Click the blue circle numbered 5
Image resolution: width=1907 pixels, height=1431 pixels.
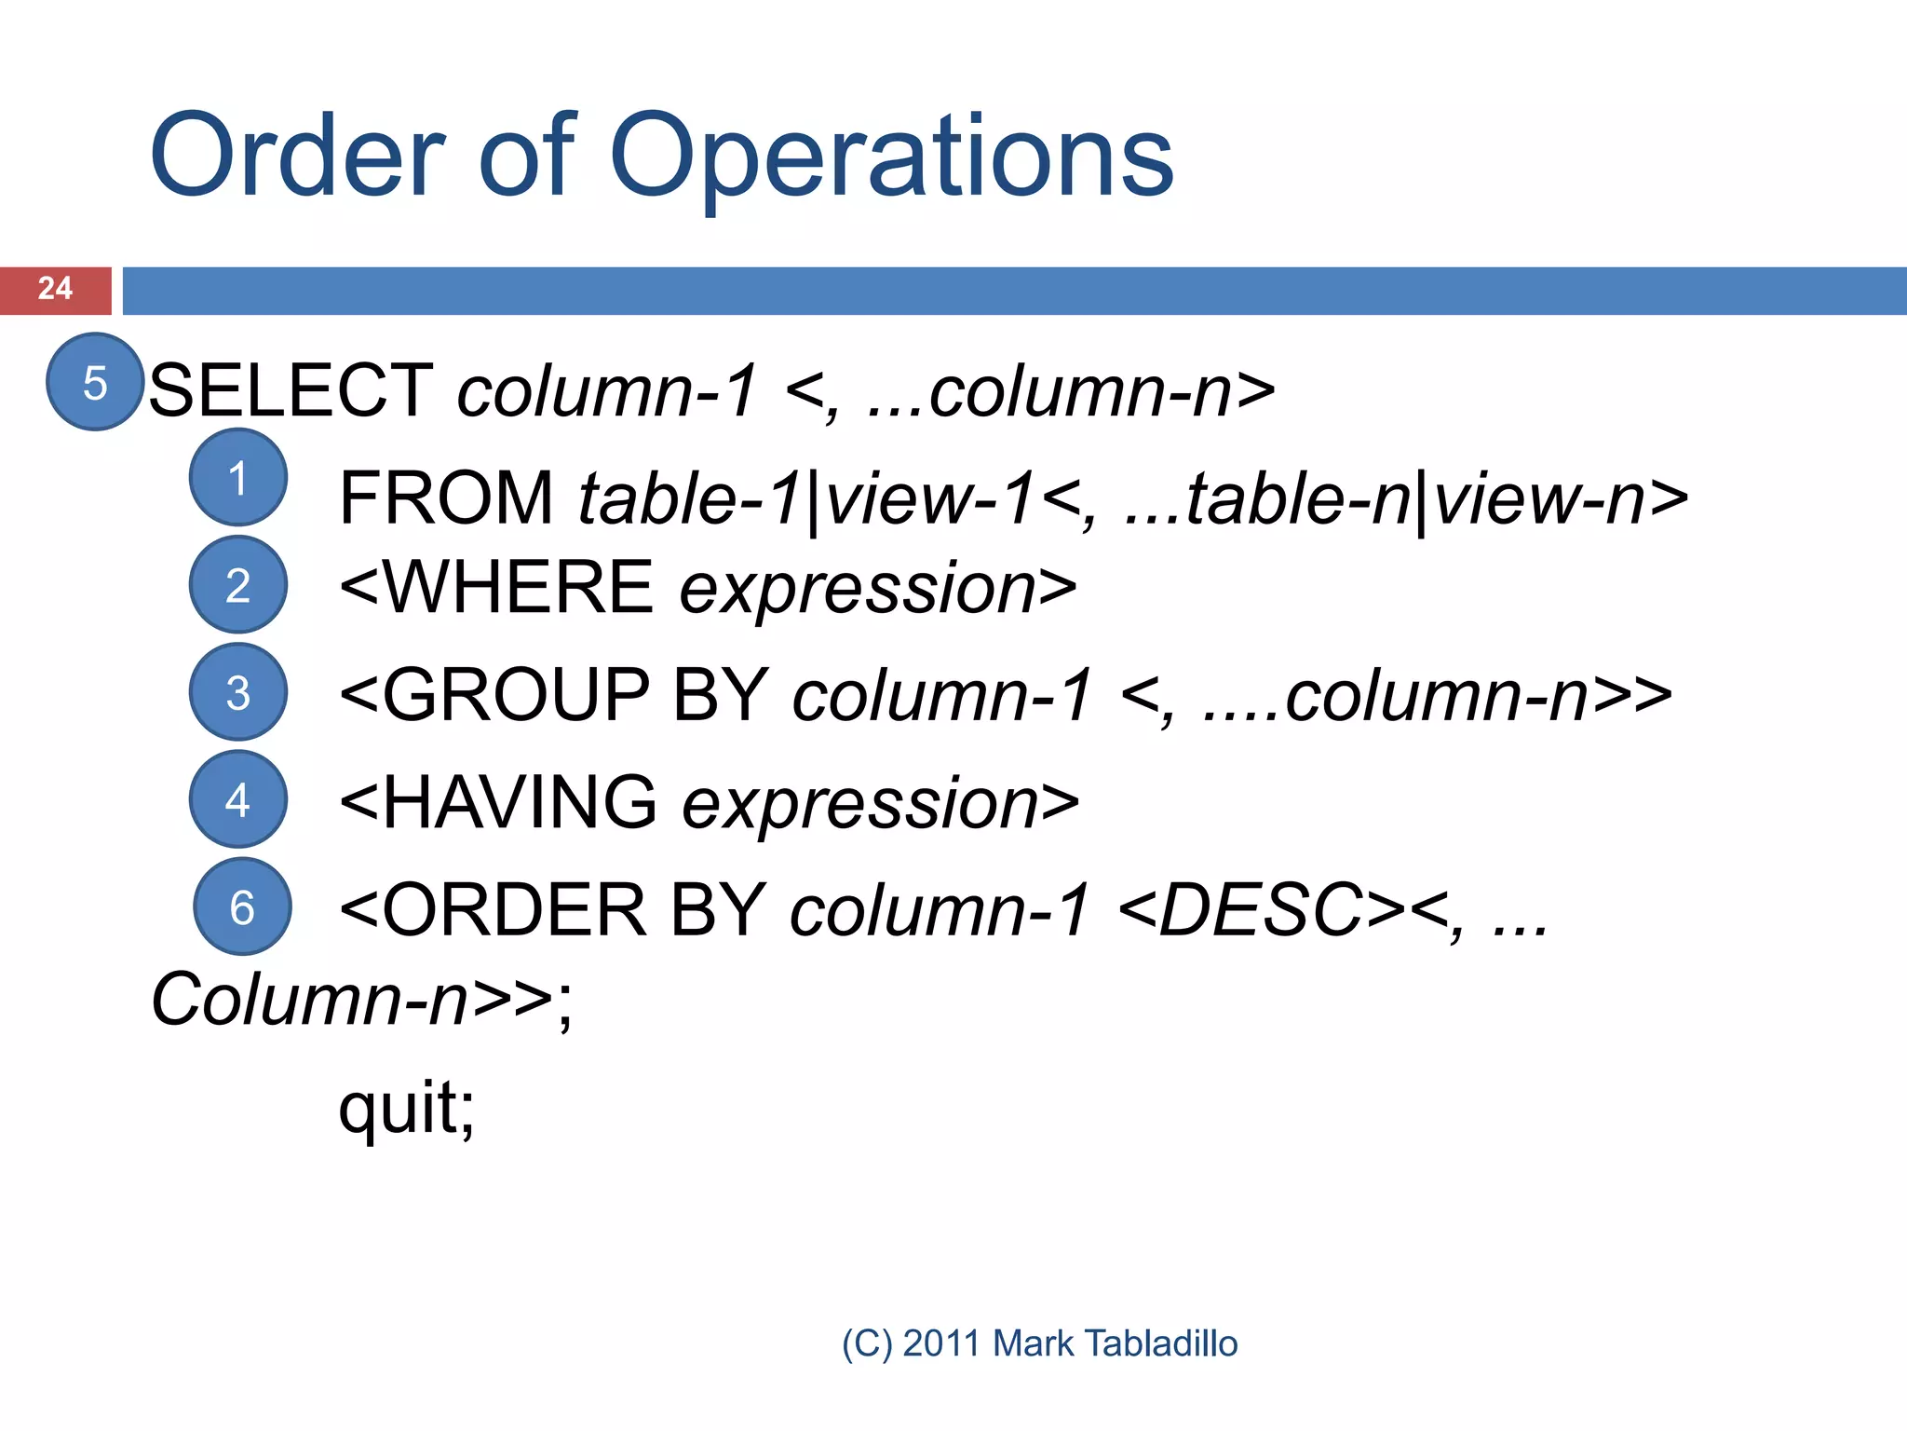[x=95, y=382]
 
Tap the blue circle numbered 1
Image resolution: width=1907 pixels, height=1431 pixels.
[x=237, y=478]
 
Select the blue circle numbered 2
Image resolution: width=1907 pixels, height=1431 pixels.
[x=237, y=585]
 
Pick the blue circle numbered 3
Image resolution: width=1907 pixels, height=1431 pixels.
[x=237, y=692]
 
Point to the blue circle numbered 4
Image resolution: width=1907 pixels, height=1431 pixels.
[x=237, y=799]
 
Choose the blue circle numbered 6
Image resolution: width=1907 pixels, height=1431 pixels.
[x=242, y=906]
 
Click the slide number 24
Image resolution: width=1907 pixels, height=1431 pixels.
[x=55, y=289]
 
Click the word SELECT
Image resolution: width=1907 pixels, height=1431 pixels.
[x=291, y=390]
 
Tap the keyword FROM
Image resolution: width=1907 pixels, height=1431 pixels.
[x=446, y=498]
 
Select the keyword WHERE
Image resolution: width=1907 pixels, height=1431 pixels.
[x=518, y=588]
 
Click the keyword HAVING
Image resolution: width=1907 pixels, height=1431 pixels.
[x=520, y=802]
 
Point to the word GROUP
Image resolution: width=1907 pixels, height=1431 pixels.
[x=516, y=695]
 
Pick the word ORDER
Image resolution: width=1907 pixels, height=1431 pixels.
[x=514, y=910]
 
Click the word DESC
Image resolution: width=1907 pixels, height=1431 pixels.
[x=1261, y=910]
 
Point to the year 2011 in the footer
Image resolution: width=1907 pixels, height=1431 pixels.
[x=941, y=1343]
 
